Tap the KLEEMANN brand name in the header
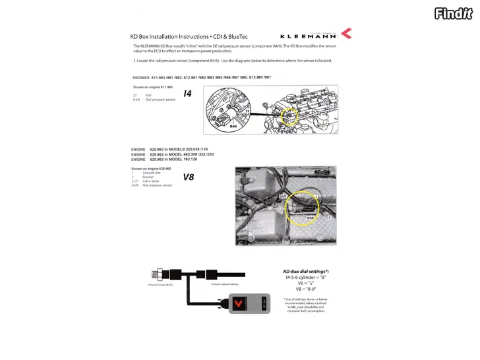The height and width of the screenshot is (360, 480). (x=309, y=35)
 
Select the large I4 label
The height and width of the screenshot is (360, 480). (x=187, y=94)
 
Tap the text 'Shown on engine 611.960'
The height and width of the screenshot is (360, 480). (x=152, y=86)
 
